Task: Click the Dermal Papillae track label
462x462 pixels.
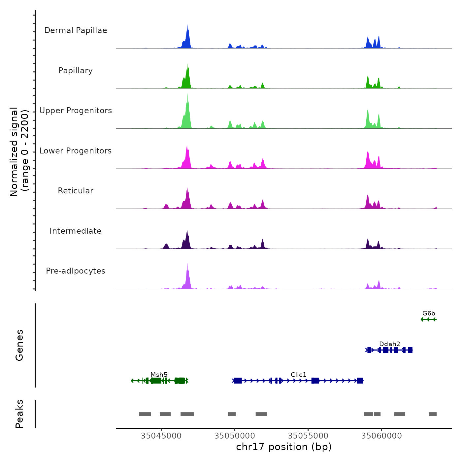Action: coord(76,30)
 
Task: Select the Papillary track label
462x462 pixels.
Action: coord(76,71)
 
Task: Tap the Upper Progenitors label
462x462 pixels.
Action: coord(76,111)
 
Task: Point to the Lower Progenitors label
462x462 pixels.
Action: coord(76,151)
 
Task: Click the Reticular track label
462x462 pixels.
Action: coord(76,191)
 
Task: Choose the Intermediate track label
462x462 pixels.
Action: coord(76,231)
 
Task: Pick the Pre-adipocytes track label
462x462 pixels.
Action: coord(76,271)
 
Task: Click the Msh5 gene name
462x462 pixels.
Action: coord(159,375)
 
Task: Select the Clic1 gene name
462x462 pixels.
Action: coord(299,375)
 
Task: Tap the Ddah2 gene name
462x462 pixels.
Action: coord(390,344)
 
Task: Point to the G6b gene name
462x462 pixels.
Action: coord(429,313)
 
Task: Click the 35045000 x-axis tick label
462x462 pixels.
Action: coord(161,436)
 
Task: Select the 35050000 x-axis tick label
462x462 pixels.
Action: coord(235,436)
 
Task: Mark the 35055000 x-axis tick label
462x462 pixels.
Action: coord(308,436)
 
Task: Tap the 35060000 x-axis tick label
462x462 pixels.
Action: coord(382,436)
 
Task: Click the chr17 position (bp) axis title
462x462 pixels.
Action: coord(284,447)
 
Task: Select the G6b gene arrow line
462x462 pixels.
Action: coord(429,319)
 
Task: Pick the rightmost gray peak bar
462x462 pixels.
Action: coord(433,414)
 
